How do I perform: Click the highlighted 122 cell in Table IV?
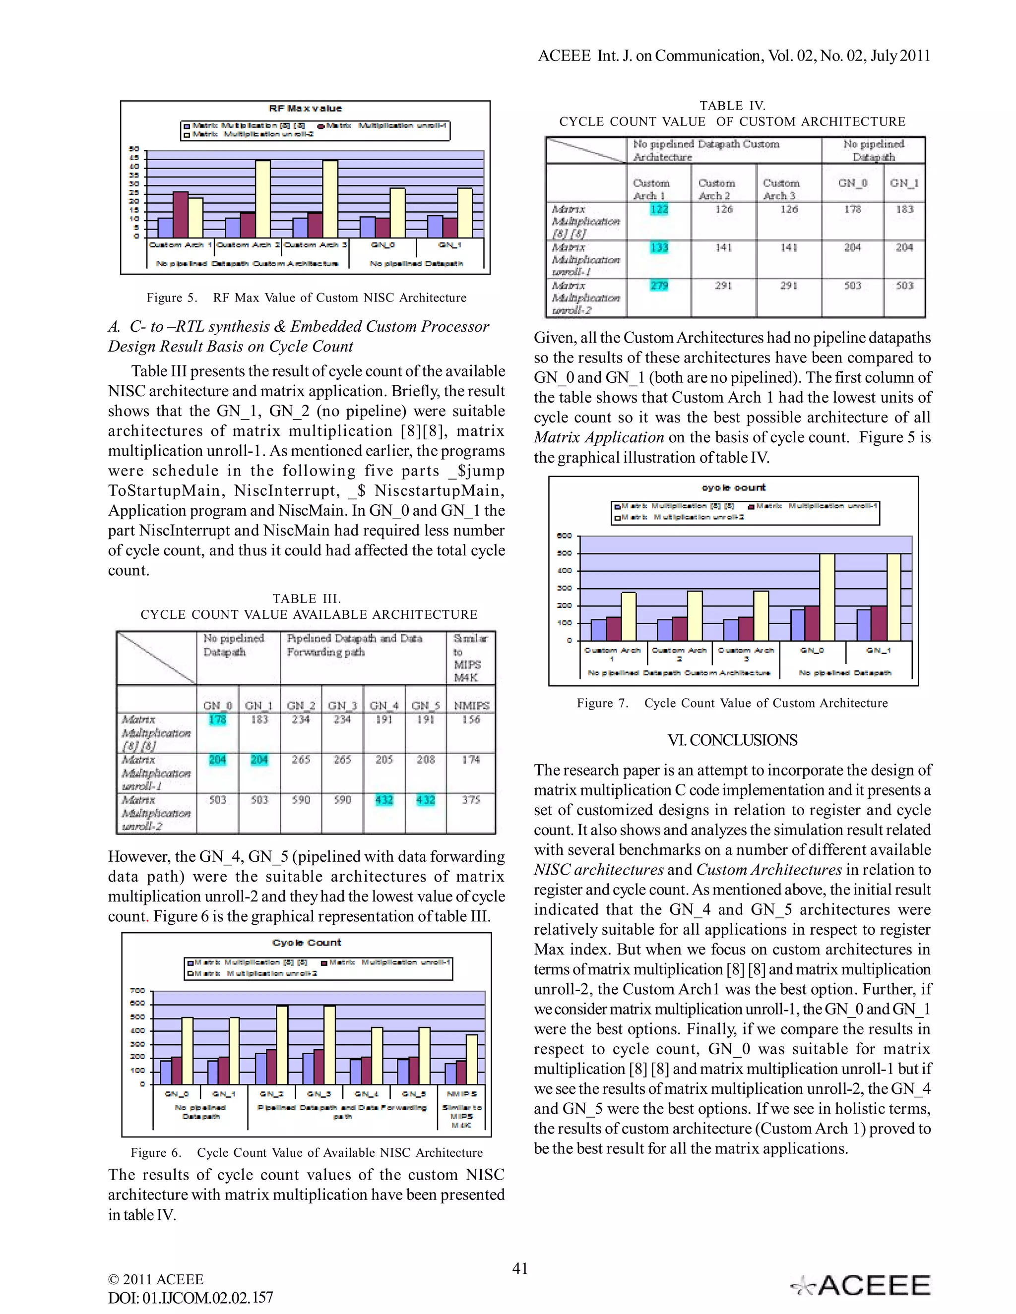coord(659,209)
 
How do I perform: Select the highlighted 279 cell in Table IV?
coord(659,285)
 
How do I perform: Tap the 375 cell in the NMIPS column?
coord(471,800)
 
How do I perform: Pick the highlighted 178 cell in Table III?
coord(217,719)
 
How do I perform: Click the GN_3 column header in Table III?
coord(342,705)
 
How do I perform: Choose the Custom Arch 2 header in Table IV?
coord(716,189)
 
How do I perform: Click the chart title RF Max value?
coord(305,108)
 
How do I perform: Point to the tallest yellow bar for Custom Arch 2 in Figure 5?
coord(263,198)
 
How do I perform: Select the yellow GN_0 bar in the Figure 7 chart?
coord(827,597)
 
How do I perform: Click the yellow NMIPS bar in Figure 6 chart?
coord(472,1060)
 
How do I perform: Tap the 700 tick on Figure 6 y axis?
coord(137,990)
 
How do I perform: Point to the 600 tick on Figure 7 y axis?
coord(564,536)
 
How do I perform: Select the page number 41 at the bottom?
coord(519,1268)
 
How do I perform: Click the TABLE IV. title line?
coord(732,106)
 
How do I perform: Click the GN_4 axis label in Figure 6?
coord(365,1094)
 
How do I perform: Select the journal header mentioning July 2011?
coord(734,56)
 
